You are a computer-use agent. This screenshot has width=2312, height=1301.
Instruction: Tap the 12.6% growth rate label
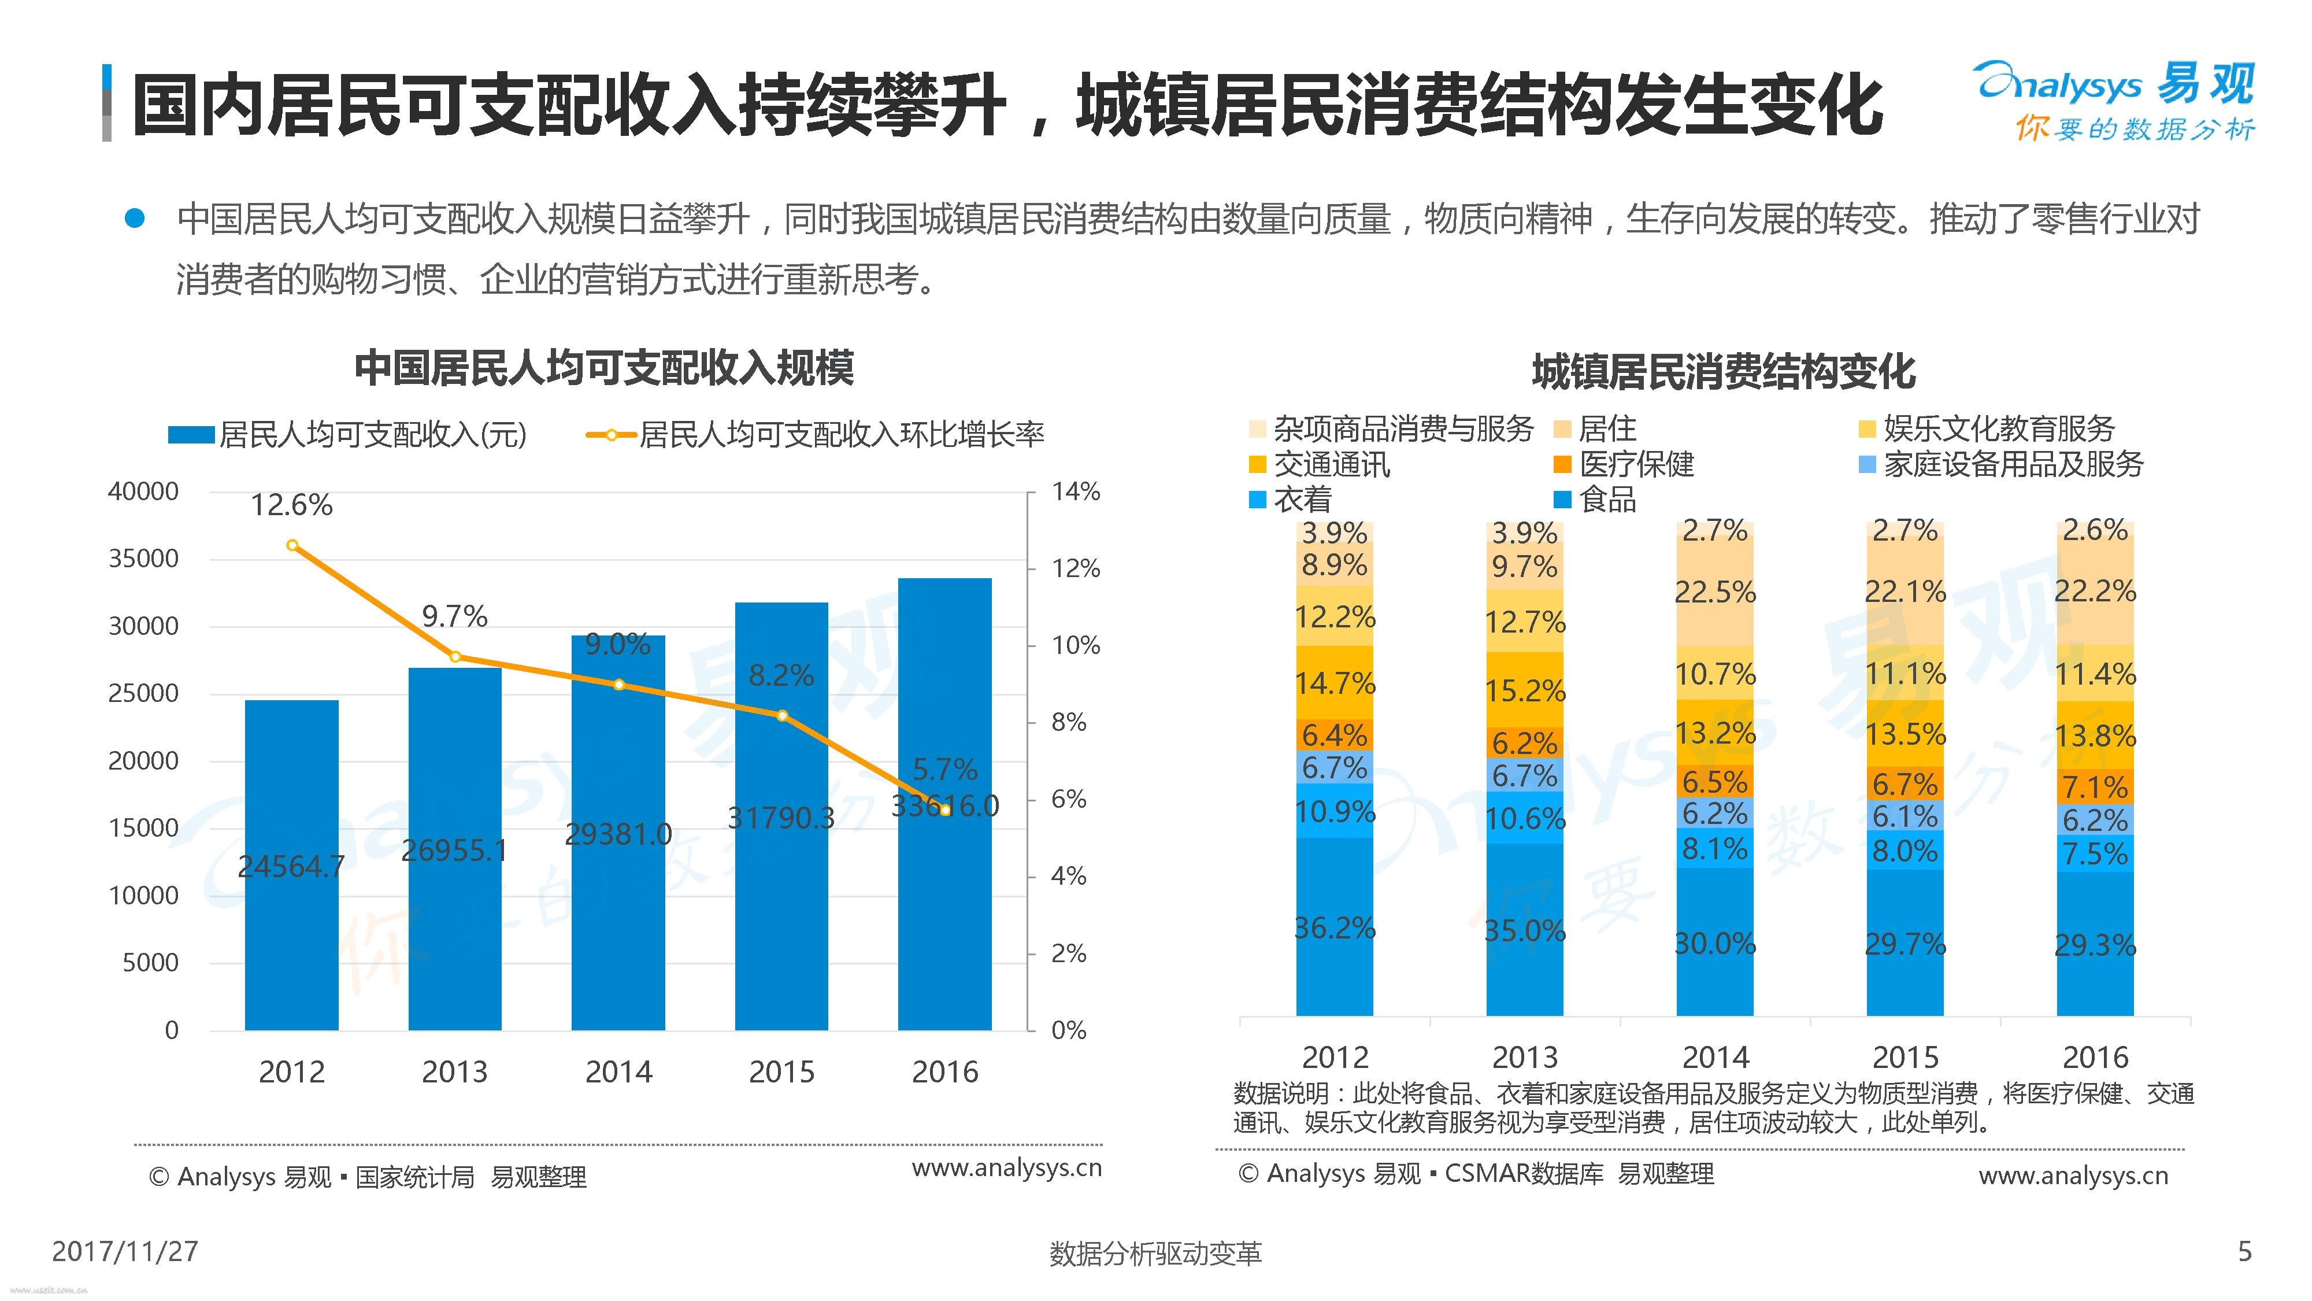pyautogui.click(x=292, y=505)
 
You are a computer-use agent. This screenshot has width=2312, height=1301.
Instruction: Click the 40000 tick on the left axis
pyautogui.click(x=143, y=491)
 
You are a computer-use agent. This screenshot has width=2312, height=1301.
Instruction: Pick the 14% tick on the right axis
pyautogui.click(x=1075, y=491)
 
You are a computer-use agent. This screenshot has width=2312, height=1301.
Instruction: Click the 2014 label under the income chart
pyautogui.click(x=618, y=1072)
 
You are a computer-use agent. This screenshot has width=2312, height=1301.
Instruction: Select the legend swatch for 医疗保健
pyautogui.click(x=1562, y=464)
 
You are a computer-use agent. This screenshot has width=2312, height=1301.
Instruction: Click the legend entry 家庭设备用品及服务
pyautogui.click(x=2013, y=464)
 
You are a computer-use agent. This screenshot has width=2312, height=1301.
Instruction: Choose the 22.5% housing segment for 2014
pyautogui.click(x=1714, y=593)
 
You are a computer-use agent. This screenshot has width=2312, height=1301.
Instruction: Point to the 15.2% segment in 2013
pyautogui.click(x=1524, y=690)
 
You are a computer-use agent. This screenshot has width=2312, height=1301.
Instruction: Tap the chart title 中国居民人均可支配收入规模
pyautogui.click(x=604, y=368)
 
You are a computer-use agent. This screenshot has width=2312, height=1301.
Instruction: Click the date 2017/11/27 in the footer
pyautogui.click(x=125, y=1252)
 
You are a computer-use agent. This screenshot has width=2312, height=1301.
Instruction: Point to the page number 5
pyautogui.click(x=2245, y=1252)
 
